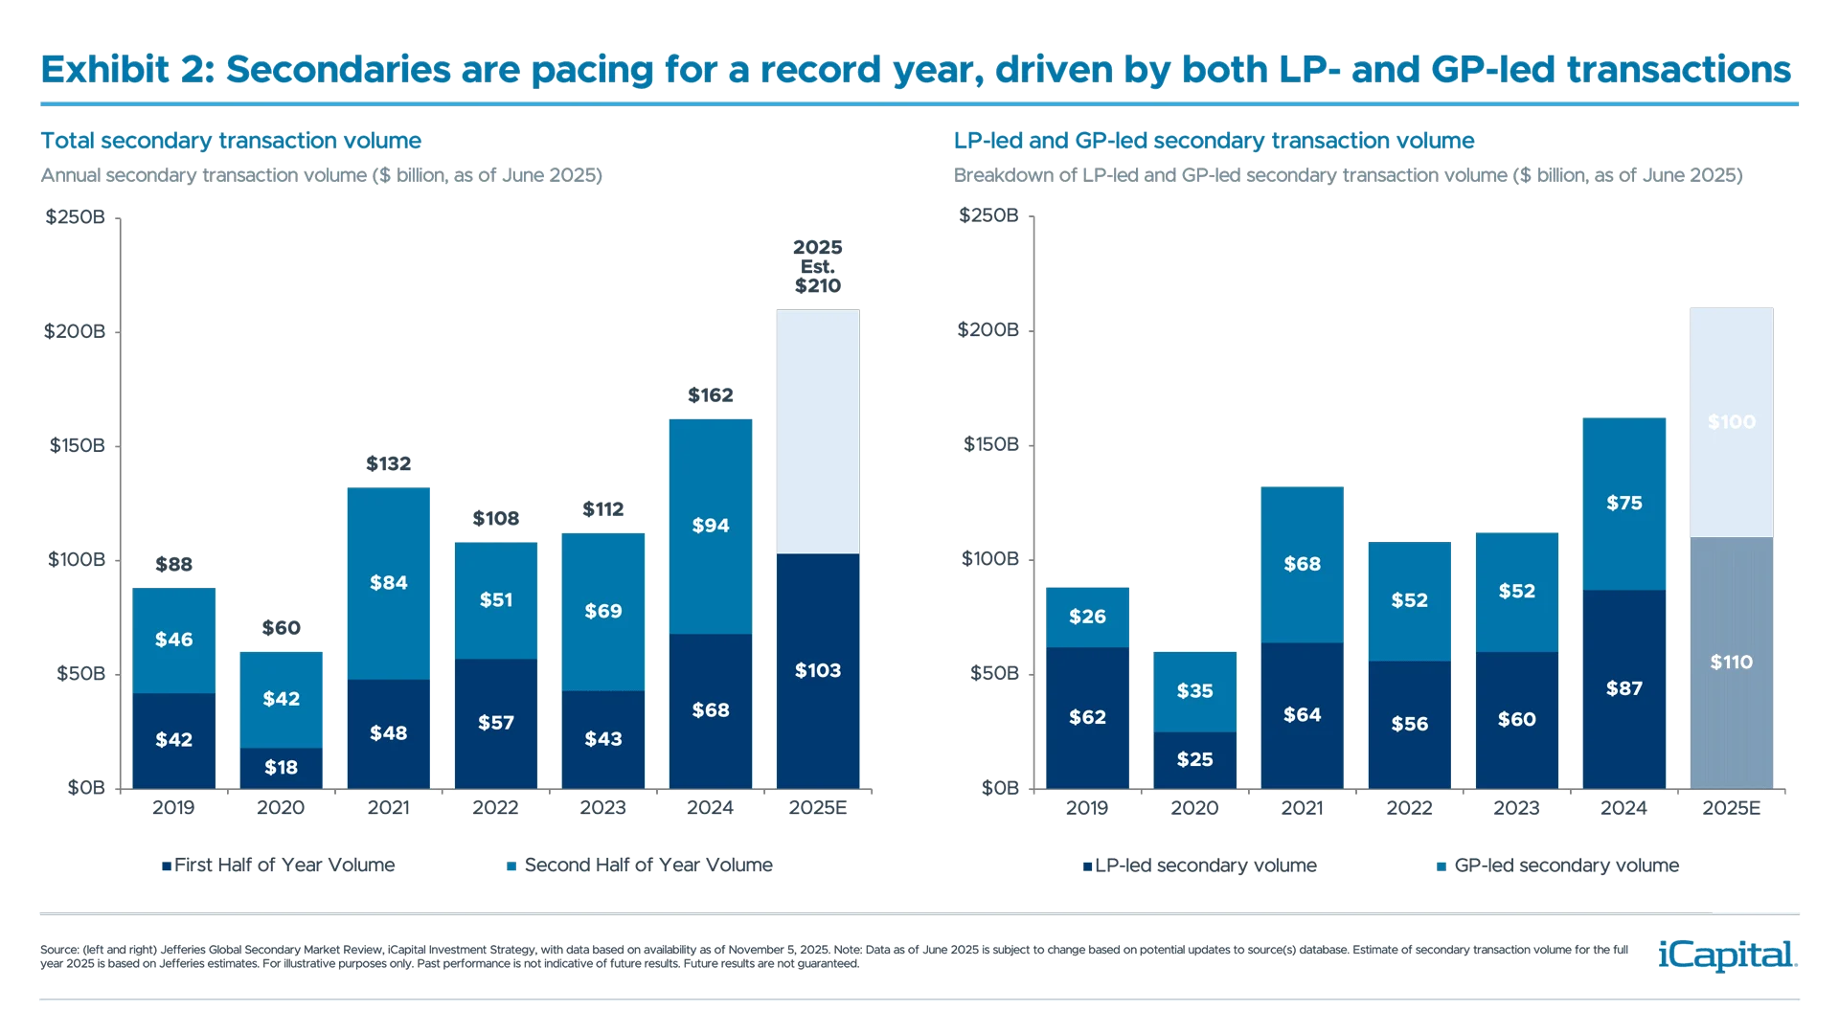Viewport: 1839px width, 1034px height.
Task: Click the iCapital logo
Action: (1724, 955)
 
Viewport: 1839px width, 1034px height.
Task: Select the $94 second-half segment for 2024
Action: (711, 526)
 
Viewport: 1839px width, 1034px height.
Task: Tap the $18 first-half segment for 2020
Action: (281, 767)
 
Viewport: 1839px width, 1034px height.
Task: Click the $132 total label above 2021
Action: (388, 464)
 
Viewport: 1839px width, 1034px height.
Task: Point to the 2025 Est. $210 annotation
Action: (817, 266)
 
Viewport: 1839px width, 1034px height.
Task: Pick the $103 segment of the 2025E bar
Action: (818, 670)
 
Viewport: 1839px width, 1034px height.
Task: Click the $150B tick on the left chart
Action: (78, 445)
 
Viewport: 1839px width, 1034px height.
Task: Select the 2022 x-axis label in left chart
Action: (495, 808)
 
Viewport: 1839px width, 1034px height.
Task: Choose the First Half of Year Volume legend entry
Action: (278, 865)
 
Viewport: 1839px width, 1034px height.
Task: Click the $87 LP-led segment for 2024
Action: (1624, 688)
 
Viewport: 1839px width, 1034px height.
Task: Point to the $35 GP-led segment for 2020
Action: (1194, 690)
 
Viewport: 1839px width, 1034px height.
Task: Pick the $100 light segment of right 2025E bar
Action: (1732, 422)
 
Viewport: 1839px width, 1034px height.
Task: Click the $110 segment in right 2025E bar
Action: (1732, 662)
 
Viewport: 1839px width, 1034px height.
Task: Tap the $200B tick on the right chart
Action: (988, 330)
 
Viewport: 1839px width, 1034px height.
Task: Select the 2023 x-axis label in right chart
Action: (1516, 809)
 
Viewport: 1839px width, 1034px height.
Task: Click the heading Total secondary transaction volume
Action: (230, 142)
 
